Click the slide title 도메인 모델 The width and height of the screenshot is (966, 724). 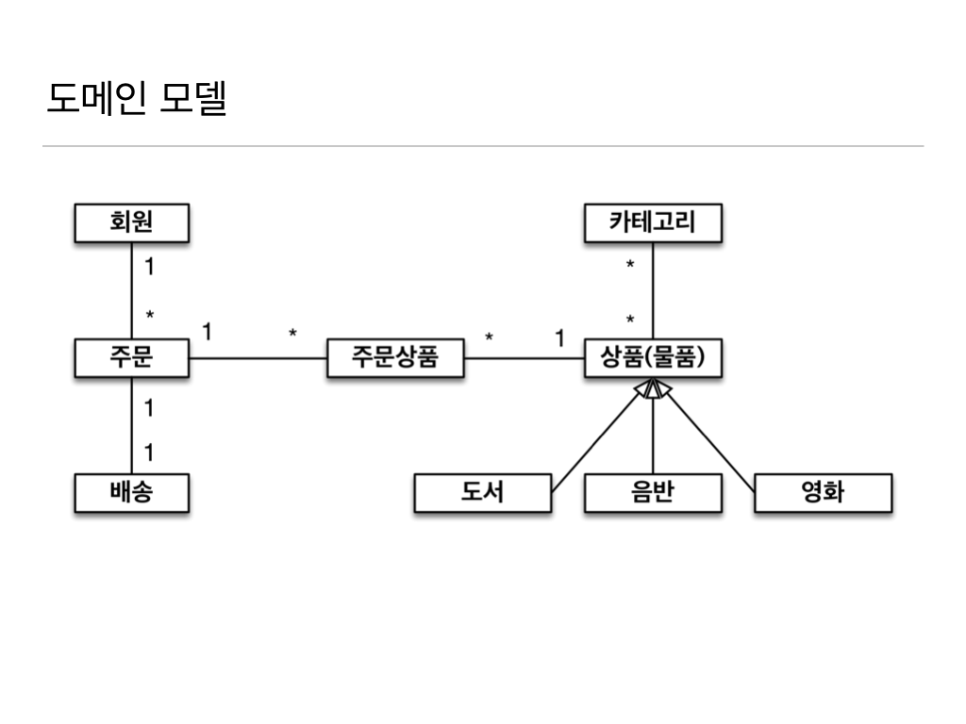pyautogui.click(x=137, y=98)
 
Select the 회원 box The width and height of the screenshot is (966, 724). pyautogui.click(x=131, y=223)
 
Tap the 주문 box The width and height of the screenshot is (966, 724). pyautogui.click(x=131, y=358)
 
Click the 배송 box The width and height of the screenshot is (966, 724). pyautogui.click(x=131, y=493)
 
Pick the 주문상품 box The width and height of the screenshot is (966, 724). pyautogui.click(x=395, y=358)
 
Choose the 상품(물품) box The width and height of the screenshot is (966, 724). pyautogui.click(x=653, y=358)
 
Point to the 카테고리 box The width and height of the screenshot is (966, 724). pyautogui.click(x=653, y=223)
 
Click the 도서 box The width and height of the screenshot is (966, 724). pyautogui.click(x=482, y=493)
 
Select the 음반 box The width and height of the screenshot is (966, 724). pyautogui.click(x=653, y=493)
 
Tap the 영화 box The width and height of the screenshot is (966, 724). pyautogui.click(x=823, y=493)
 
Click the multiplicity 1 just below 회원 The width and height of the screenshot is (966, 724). pyautogui.click(x=149, y=267)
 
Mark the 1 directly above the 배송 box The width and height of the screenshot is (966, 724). pyautogui.click(x=149, y=452)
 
